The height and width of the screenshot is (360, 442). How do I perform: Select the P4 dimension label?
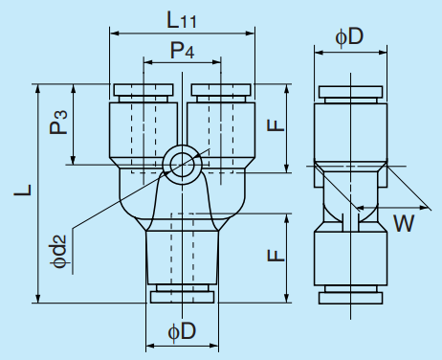[x=182, y=49]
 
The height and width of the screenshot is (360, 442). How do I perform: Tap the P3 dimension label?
[x=60, y=124]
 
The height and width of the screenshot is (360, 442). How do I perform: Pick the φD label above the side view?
[x=349, y=35]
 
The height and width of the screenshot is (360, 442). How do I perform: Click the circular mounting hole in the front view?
[x=181, y=163]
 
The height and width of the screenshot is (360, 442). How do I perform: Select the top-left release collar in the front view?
[x=143, y=92]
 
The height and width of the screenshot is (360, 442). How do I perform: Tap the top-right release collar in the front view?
[x=221, y=92]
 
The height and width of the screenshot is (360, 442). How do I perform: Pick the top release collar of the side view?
[x=351, y=92]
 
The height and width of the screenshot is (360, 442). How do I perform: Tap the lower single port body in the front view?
[x=182, y=257]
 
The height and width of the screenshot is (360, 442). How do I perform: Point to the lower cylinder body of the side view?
[x=351, y=257]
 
